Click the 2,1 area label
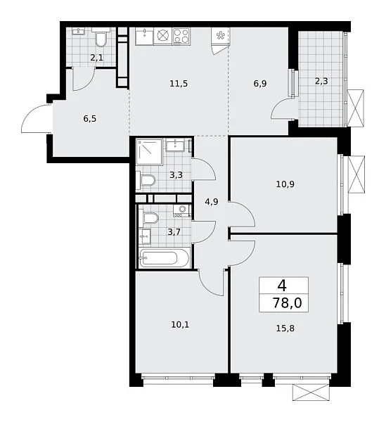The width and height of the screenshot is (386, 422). tap(96, 58)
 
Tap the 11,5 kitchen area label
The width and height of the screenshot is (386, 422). tap(178, 84)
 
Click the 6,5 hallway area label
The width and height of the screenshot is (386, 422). tap(90, 118)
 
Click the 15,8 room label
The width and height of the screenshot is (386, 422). tap(283, 326)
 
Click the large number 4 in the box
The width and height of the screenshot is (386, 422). tap(283, 286)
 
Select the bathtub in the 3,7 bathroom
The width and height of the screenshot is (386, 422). tap(164, 258)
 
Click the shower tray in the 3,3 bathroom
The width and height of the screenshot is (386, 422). tap(150, 152)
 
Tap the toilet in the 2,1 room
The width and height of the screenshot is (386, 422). tap(102, 37)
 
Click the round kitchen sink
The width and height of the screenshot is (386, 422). tap(164, 36)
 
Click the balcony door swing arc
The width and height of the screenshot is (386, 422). tap(284, 108)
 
